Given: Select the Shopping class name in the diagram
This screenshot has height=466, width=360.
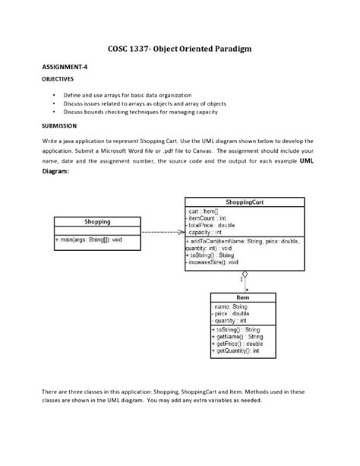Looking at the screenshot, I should (96, 222).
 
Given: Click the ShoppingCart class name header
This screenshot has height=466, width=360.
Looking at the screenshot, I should (244, 202).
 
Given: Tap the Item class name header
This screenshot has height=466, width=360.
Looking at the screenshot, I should (242, 297).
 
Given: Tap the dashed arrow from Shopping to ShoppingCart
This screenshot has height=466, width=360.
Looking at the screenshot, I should (162, 232).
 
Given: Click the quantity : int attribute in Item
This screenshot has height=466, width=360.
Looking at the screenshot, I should (231, 320).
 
